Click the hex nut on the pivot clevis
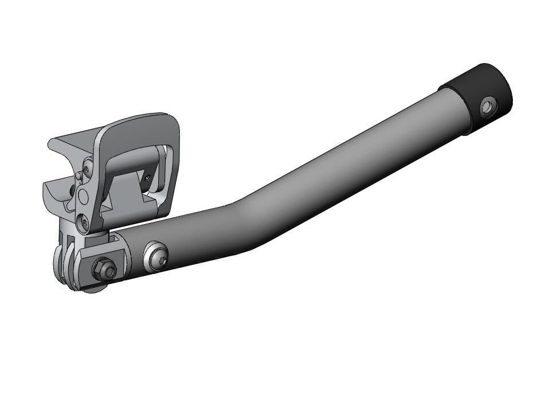coord(104,268)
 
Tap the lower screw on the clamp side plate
coord(84,221)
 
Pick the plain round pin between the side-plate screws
coord(84,197)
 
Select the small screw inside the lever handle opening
coord(148,178)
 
